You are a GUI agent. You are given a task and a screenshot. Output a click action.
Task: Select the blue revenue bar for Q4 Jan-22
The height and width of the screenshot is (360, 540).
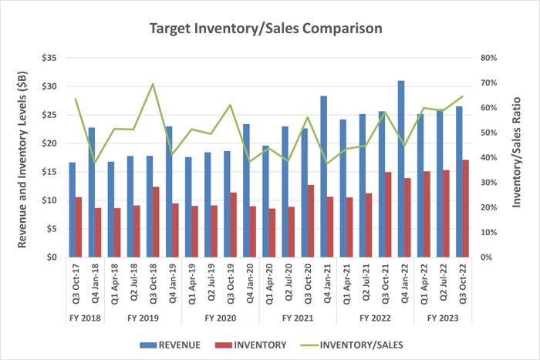point(401,169)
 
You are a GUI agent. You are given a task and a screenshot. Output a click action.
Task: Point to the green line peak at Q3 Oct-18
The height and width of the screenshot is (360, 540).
point(154,83)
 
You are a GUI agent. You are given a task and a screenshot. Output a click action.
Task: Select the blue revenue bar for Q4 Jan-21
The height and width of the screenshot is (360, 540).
point(323,177)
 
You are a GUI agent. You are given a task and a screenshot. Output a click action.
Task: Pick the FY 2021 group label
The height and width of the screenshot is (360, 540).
point(299,317)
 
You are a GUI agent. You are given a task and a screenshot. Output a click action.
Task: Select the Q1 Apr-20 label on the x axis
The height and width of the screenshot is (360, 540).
point(266,282)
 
